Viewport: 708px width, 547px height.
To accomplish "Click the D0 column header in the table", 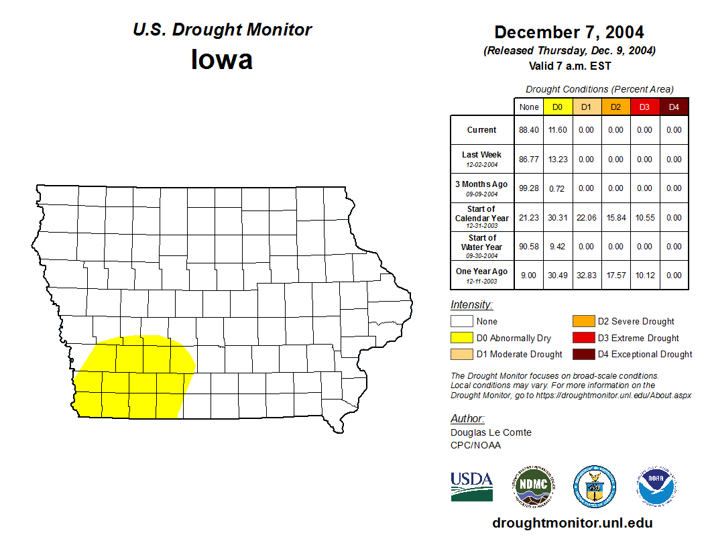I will (557, 107).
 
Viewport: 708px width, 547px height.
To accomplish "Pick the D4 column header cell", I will (674, 107).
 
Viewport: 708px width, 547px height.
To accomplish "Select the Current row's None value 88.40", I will (529, 130).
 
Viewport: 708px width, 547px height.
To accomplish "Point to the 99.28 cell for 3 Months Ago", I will (529, 188).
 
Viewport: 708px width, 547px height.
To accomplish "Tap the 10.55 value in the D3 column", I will (644, 218).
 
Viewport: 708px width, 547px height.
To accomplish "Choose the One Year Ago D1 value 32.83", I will (586, 275).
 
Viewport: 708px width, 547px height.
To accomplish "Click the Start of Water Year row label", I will (482, 246).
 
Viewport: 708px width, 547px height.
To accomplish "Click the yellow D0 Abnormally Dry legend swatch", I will (462, 338).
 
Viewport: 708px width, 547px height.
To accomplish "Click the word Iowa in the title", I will (222, 60).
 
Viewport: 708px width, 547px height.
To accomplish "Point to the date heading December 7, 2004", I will (569, 32).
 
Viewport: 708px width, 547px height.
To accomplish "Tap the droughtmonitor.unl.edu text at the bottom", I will (572, 523).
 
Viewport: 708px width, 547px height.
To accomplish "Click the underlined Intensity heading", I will (471, 305).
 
